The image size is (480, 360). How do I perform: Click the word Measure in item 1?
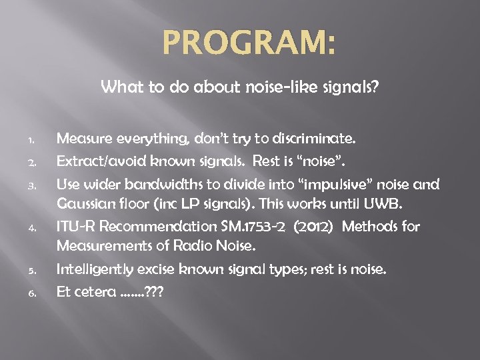83,139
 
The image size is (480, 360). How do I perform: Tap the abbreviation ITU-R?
77,227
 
